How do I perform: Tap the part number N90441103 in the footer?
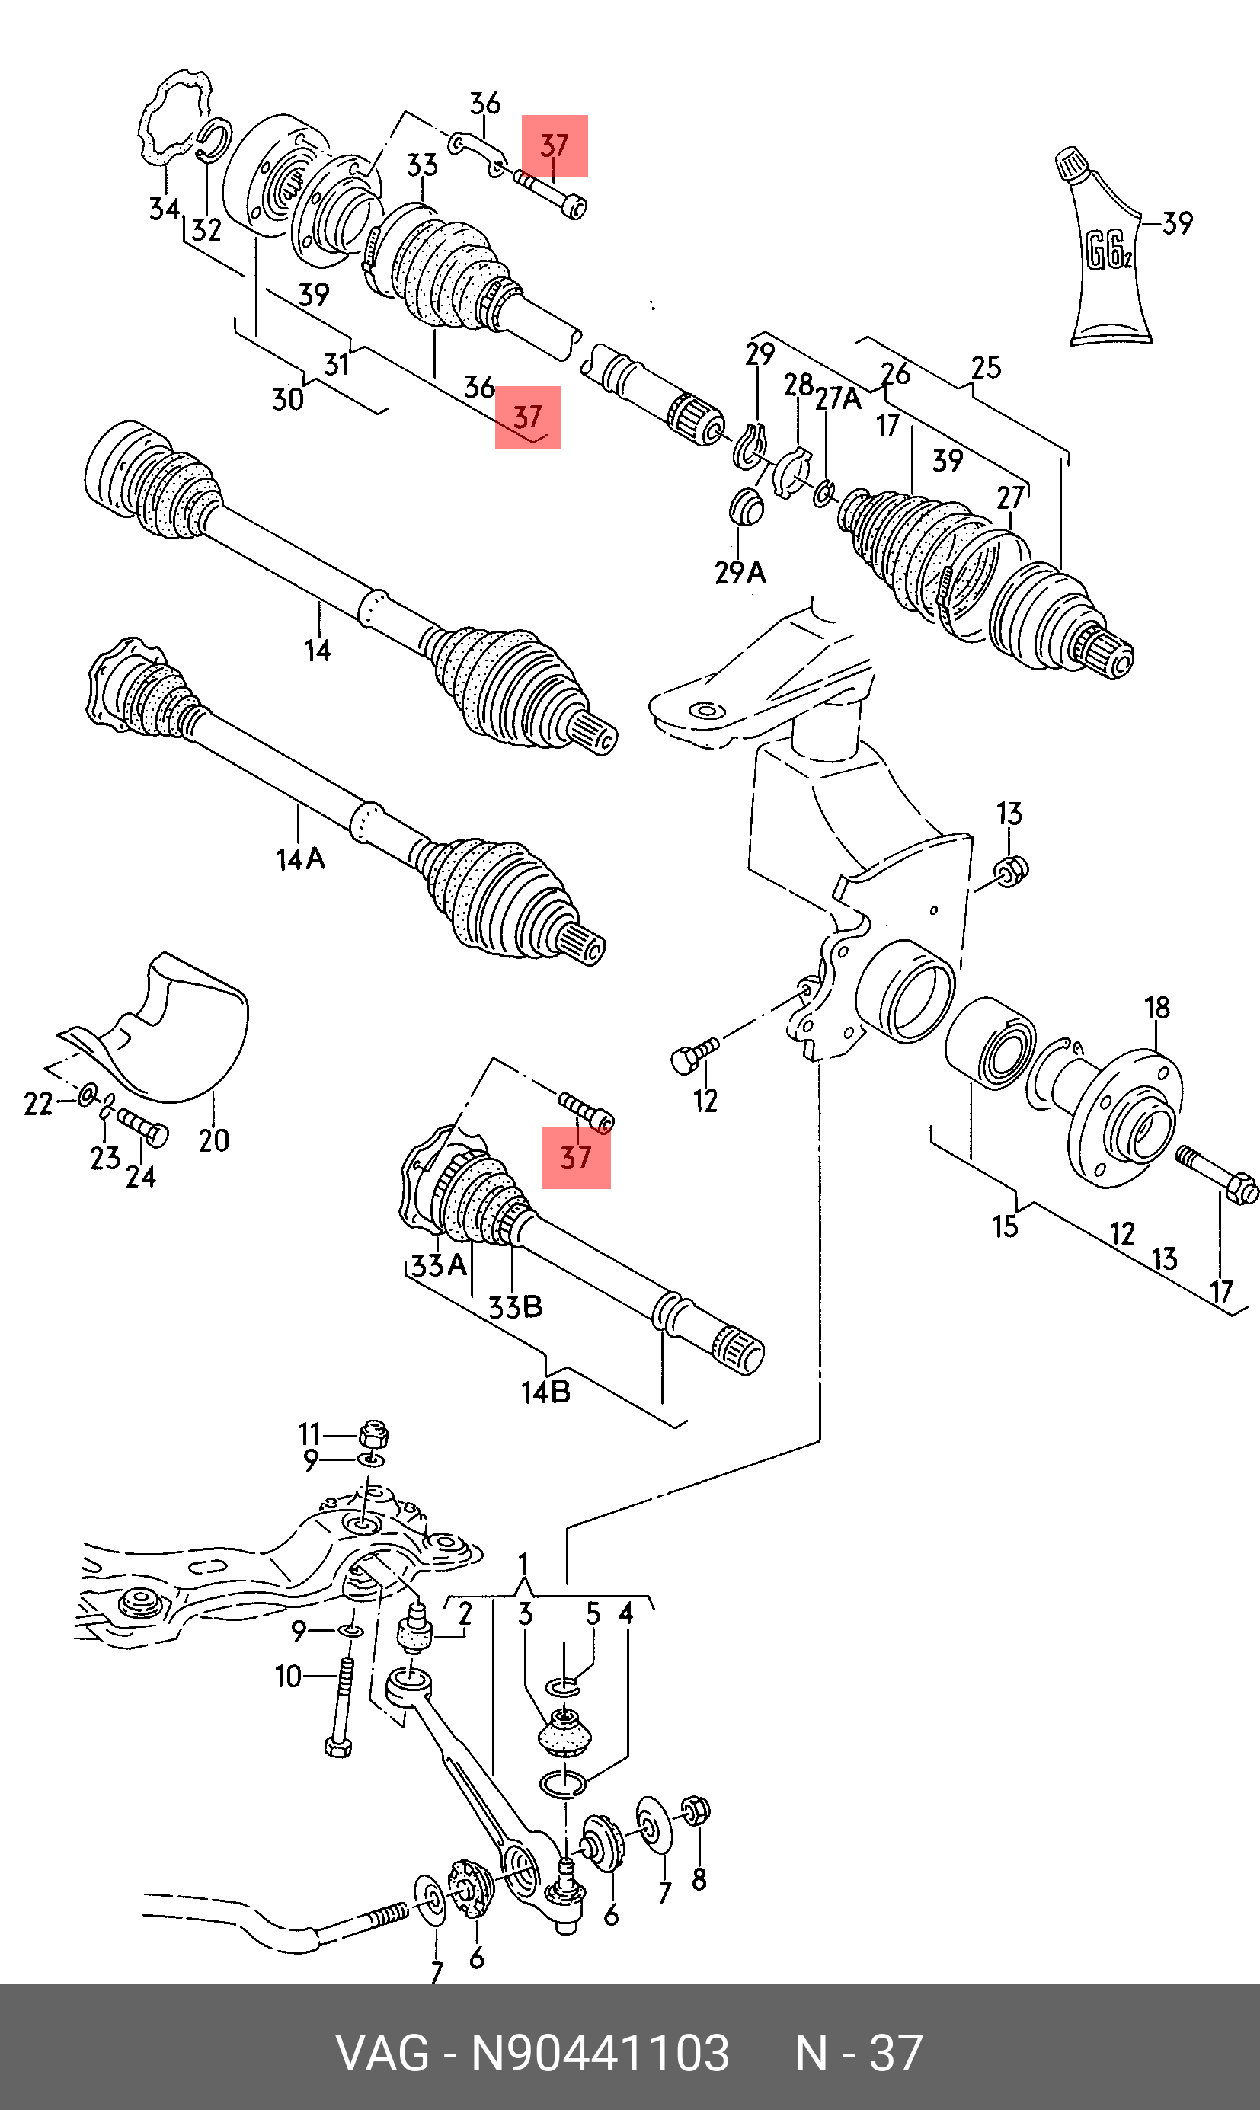pyautogui.click(x=600, y=2054)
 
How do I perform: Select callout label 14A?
pyautogui.click(x=301, y=859)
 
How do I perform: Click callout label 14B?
pyautogui.click(x=545, y=1392)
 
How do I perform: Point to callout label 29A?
pyautogui.click(x=740, y=573)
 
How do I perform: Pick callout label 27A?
pyautogui.click(x=838, y=398)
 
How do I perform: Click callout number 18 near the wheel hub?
pyautogui.click(x=1157, y=1008)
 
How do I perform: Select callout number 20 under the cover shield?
pyautogui.click(x=214, y=1140)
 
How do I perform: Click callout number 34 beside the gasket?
pyautogui.click(x=165, y=209)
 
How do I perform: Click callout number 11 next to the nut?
pyautogui.click(x=309, y=1434)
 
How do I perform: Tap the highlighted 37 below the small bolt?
pyautogui.click(x=576, y=1157)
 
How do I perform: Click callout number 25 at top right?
pyautogui.click(x=987, y=367)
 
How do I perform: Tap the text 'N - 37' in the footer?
pyautogui.click(x=859, y=2054)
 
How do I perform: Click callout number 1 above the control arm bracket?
pyautogui.click(x=524, y=1563)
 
